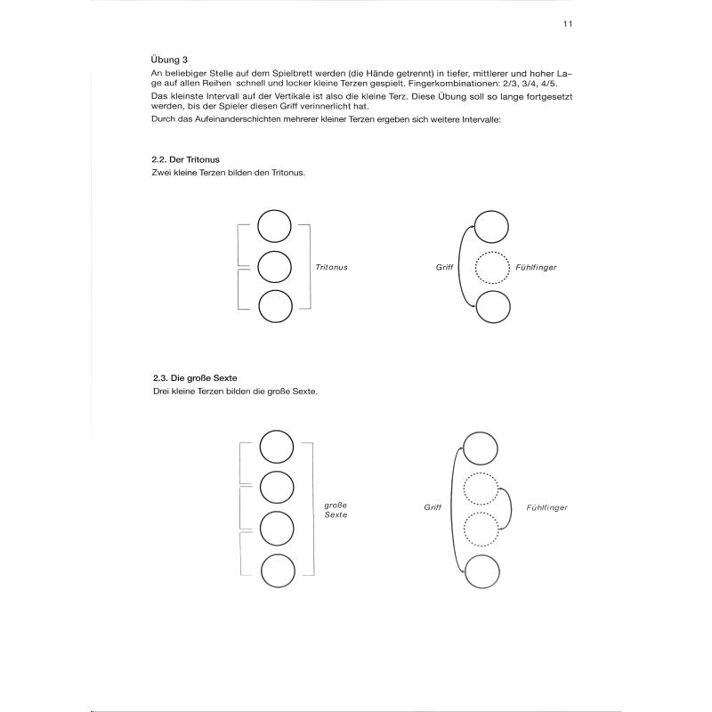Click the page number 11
[x=567, y=25]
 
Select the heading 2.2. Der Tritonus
[x=186, y=159]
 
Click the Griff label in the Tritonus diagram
[x=445, y=267]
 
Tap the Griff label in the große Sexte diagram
[x=433, y=506]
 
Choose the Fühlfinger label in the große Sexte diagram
[x=546, y=506]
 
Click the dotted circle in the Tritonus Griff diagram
[x=493, y=267]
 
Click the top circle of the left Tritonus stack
[x=275, y=226]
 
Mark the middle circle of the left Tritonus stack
[x=275, y=266]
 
